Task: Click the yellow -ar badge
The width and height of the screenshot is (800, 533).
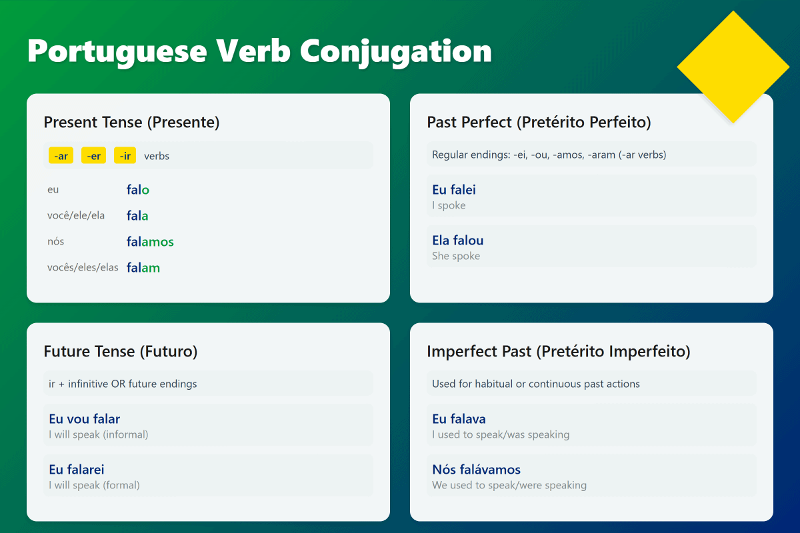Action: pyautogui.click(x=61, y=156)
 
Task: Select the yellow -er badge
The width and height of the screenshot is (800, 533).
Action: pyautogui.click(x=93, y=156)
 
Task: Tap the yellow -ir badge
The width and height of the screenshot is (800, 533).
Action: pyautogui.click(x=125, y=156)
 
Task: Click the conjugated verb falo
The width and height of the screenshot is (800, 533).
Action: pyautogui.click(x=138, y=190)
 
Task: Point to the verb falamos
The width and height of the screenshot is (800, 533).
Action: pyautogui.click(x=150, y=242)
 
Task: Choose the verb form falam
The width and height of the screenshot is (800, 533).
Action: pyautogui.click(x=143, y=268)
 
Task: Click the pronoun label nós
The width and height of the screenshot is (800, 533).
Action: pyautogui.click(x=55, y=242)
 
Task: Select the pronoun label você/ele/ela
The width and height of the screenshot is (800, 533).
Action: pyautogui.click(x=75, y=216)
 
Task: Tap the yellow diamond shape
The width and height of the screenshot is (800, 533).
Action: pyautogui.click(x=733, y=67)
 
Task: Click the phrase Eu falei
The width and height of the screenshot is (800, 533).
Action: pyautogui.click(x=454, y=190)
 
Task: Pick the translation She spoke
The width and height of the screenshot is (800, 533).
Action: pyautogui.click(x=456, y=257)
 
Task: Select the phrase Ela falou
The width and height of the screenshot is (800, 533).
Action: pyautogui.click(x=458, y=241)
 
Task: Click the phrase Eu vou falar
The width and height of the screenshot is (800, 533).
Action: pyautogui.click(x=85, y=419)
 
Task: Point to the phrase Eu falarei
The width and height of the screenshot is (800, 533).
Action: pyautogui.click(x=77, y=470)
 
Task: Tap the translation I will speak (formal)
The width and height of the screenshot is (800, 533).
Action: pyautogui.click(x=94, y=486)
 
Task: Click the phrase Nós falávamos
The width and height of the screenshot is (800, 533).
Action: pyautogui.click(x=476, y=470)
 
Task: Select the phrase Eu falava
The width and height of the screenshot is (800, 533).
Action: pyautogui.click(x=459, y=419)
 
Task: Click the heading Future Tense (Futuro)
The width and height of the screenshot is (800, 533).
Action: pyautogui.click(x=121, y=352)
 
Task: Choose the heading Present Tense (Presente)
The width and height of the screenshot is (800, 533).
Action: pyautogui.click(x=131, y=123)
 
